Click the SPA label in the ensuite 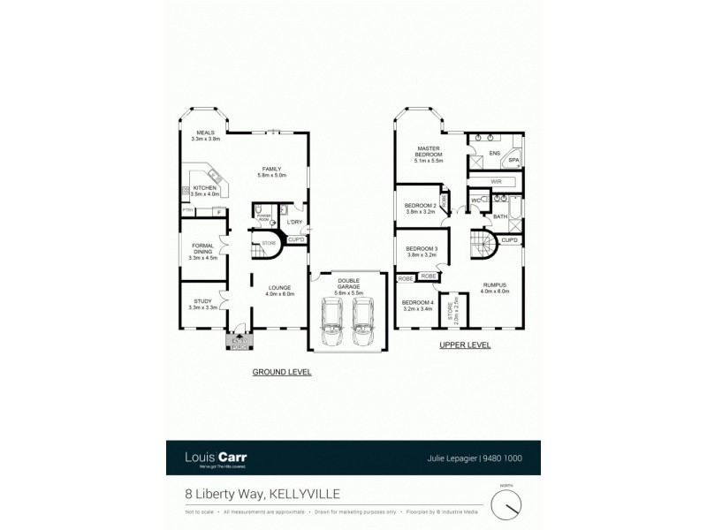tap(513, 160)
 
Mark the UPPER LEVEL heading tap(465, 346)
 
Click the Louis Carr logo tap(216, 458)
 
